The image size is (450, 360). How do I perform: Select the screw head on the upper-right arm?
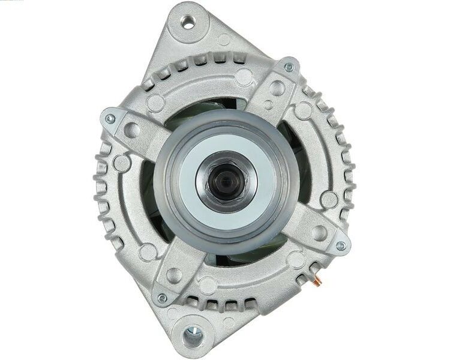(289, 67)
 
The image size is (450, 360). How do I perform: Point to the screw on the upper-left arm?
(110, 119)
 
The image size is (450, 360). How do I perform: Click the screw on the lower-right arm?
(340, 245)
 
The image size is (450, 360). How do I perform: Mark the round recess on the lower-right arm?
(320, 233)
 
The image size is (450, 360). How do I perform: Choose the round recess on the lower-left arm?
(175, 275)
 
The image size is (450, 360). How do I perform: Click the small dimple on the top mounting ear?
(224, 40)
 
